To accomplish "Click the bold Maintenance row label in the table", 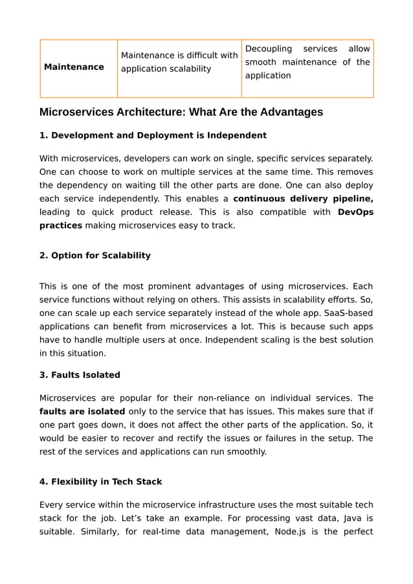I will click(74, 67).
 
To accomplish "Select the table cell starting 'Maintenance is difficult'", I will click(179, 62).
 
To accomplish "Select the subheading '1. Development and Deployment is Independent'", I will click(153, 135).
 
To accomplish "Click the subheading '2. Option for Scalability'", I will click(95, 255).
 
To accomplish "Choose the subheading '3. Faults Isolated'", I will click(80, 375).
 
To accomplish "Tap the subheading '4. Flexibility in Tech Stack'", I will click(101, 482).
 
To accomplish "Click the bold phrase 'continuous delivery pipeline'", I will click(303, 198).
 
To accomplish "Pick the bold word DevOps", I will click(355, 212).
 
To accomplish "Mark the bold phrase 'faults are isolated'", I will click(82, 411).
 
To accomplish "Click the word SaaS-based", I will click(350, 313).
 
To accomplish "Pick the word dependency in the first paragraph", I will click(85, 185).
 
